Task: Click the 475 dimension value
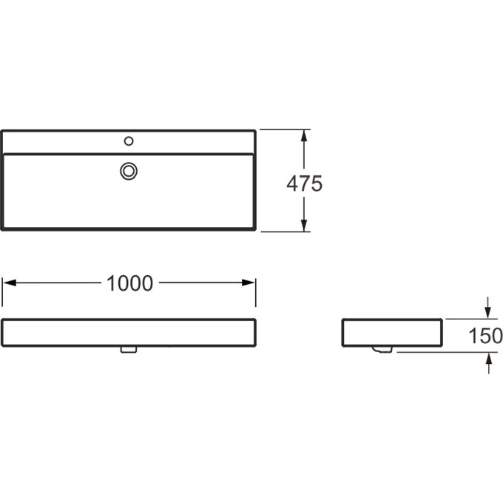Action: tap(304, 183)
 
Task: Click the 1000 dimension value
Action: tap(129, 283)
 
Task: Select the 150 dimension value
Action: tap(485, 337)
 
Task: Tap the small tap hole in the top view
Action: tap(129, 141)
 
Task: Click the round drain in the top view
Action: tap(129, 171)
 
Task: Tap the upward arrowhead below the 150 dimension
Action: tap(488, 358)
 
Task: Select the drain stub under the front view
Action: tap(129, 350)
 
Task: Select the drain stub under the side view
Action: tap(383, 349)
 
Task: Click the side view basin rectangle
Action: tap(392, 331)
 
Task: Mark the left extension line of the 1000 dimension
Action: tap(2, 292)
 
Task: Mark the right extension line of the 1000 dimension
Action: tap(255, 292)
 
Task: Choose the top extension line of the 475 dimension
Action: tap(285, 130)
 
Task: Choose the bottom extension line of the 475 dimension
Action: tap(285, 231)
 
